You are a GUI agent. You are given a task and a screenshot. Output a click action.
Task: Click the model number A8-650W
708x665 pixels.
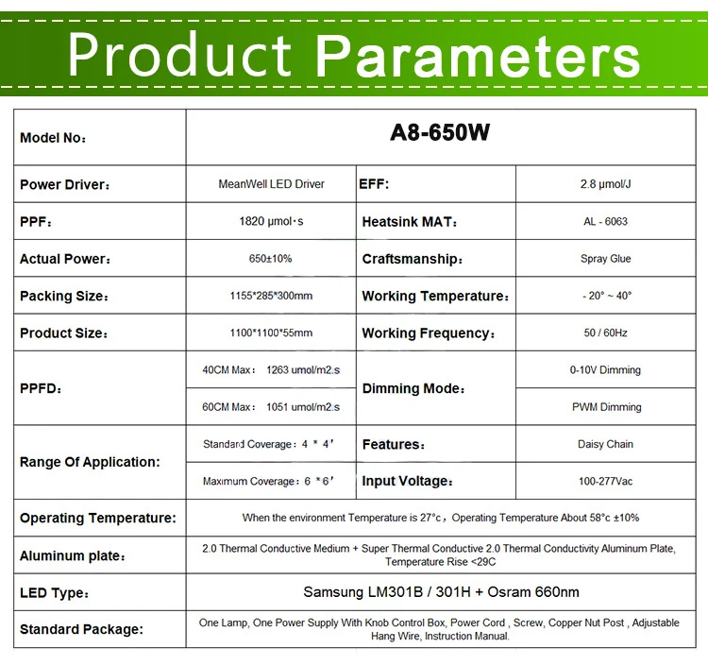(440, 133)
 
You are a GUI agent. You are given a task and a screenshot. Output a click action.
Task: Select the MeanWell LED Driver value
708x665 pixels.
(271, 184)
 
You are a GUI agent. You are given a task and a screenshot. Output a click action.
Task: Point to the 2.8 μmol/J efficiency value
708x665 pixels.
(605, 184)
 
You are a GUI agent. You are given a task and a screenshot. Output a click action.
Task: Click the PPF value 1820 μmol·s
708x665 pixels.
(271, 222)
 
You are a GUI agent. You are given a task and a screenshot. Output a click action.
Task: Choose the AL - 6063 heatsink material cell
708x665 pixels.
(605, 222)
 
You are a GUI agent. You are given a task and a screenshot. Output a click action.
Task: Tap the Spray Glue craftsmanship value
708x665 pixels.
(605, 259)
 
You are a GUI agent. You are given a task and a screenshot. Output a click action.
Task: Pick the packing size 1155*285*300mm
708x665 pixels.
(271, 296)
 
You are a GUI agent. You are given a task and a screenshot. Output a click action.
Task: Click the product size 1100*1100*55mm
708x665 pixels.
(271, 333)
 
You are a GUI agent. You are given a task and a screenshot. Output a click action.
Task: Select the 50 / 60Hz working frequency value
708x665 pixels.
(605, 333)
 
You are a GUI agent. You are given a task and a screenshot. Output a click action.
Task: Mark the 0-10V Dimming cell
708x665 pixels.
(605, 370)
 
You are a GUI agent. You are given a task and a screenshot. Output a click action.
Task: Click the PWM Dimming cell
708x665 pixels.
(605, 407)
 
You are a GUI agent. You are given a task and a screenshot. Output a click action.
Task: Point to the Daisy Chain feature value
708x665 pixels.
(605, 444)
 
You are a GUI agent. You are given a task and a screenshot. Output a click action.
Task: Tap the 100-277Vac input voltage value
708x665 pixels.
(605, 482)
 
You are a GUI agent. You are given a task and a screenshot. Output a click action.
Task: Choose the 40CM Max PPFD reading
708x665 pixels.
(271, 370)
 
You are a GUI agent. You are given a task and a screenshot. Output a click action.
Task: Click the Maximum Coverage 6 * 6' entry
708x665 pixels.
(269, 482)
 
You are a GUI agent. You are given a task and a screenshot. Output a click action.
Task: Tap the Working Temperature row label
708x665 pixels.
(435, 297)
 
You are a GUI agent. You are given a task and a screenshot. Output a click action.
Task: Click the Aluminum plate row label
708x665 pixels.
(73, 556)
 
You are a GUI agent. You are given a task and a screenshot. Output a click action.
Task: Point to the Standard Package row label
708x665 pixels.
(81, 629)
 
